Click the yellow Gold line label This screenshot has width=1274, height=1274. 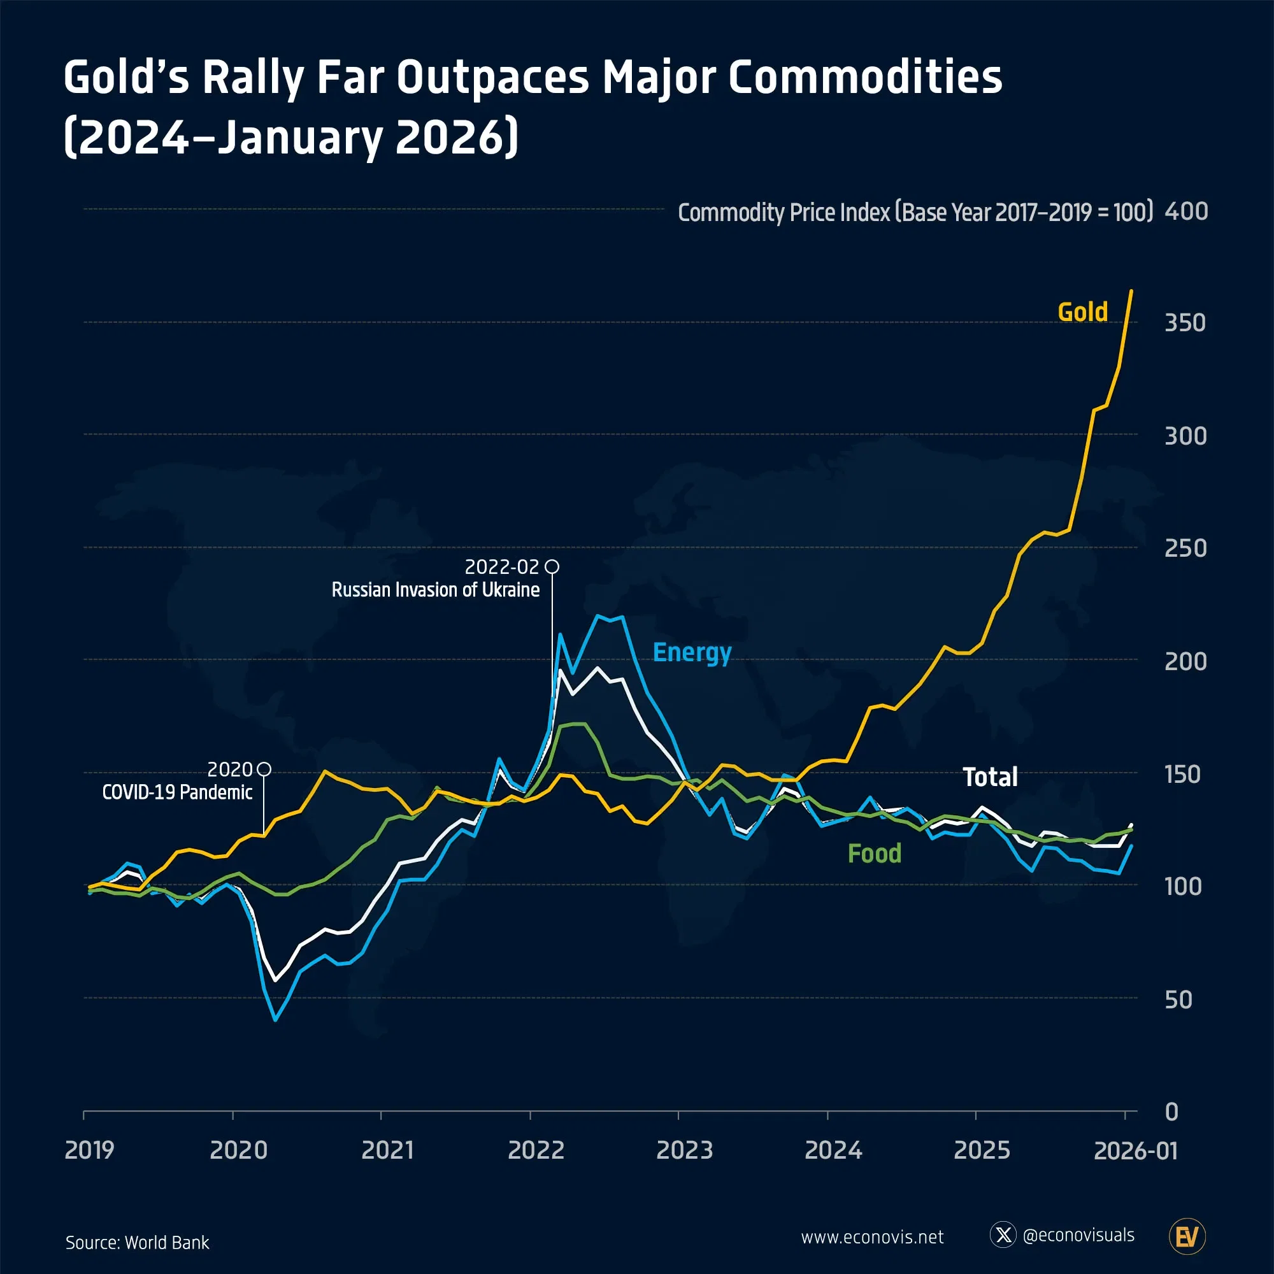click(x=1082, y=312)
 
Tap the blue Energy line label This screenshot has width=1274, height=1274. click(x=692, y=652)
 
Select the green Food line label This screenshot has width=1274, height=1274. click(x=875, y=854)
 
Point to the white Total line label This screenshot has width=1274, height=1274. click(x=990, y=777)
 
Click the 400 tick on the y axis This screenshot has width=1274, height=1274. click(x=1185, y=211)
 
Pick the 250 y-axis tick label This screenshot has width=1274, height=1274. click(x=1185, y=548)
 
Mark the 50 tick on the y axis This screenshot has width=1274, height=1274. click(x=1178, y=999)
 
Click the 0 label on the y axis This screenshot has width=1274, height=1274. click(x=1171, y=1112)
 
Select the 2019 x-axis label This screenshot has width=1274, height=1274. click(x=89, y=1150)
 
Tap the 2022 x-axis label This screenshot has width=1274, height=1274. click(x=536, y=1150)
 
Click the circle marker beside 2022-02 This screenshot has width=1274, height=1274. click(x=552, y=566)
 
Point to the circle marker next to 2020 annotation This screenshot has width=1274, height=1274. click(x=264, y=769)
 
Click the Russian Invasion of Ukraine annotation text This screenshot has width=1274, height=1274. click(x=435, y=589)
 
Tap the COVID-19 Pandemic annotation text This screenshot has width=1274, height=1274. click(x=176, y=792)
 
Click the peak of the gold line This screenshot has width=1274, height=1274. click(x=1131, y=291)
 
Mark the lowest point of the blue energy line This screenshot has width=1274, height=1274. click(x=275, y=1020)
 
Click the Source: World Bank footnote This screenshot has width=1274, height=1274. click(x=137, y=1242)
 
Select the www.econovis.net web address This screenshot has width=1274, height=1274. click(x=872, y=1237)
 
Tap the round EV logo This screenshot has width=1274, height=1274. click(x=1187, y=1236)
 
